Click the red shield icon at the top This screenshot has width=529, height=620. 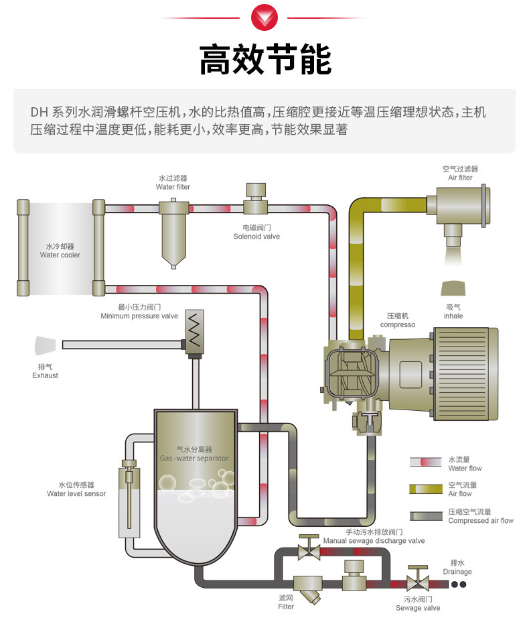click(x=265, y=18)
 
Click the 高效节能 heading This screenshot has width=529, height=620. click(x=265, y=60)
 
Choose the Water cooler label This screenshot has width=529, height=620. click(x=60, y=251)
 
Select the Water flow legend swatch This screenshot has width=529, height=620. click(x=426, y=462)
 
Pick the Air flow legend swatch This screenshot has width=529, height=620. click(x=426, y=489)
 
